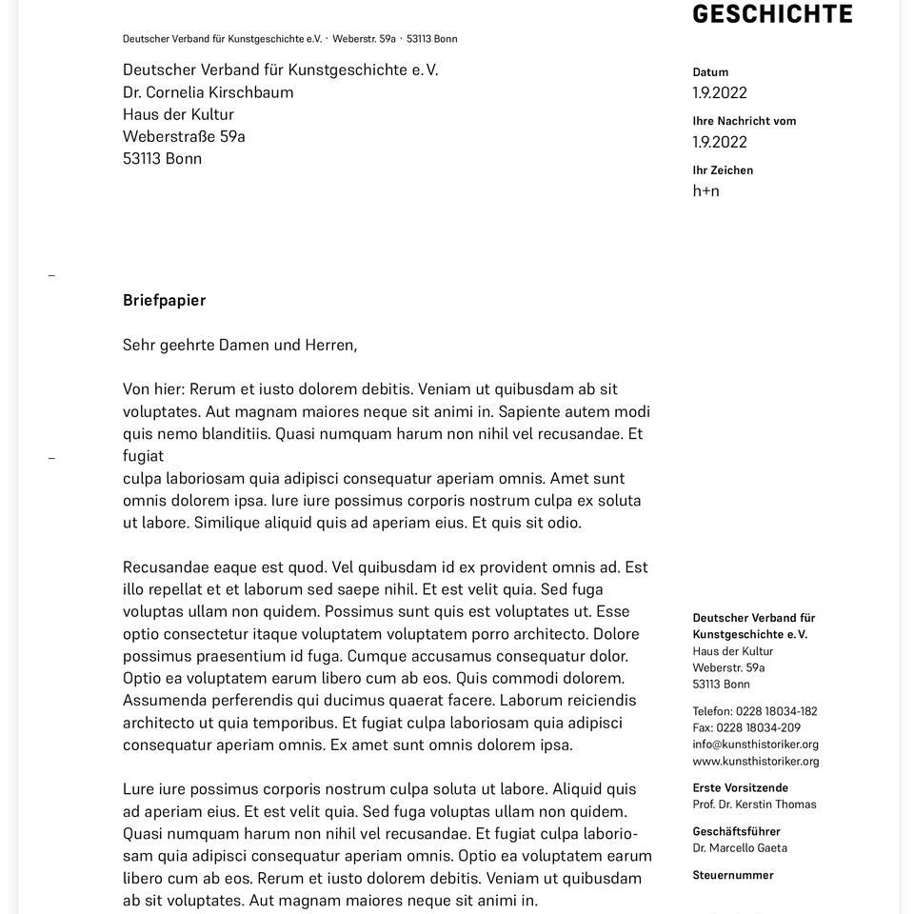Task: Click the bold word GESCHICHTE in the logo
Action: (772, 13)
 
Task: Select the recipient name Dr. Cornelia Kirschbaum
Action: (208, 92)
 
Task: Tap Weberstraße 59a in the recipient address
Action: (184, 136)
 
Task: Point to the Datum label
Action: (710, 72)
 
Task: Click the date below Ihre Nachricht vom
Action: (720, 142)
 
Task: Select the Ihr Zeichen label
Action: (723, 170)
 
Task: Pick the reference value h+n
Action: (705, 191)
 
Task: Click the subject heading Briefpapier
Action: (164, 301)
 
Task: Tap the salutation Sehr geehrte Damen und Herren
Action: (240, 345)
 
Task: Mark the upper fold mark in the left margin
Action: (51, 276)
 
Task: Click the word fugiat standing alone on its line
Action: (143, 456)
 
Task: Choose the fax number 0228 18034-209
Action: (758, 728)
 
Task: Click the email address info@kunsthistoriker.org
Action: (755, 745)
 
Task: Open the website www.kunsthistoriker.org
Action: (755, 762)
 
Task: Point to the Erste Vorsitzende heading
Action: (740, 788)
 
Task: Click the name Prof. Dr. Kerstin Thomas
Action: (754, 805)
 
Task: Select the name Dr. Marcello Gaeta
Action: (740, 848)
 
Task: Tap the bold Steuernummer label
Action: (733, 875)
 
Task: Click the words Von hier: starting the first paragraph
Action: (154, 389)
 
